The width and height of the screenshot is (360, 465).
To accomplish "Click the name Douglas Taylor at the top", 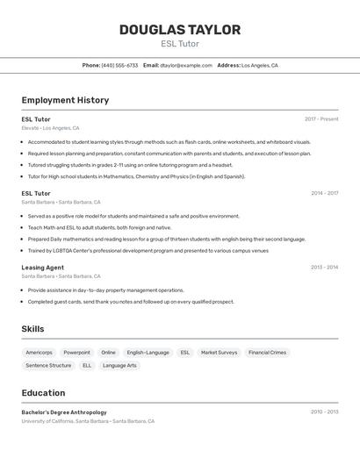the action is [179, 30].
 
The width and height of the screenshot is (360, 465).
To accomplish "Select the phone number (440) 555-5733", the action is [119, 65].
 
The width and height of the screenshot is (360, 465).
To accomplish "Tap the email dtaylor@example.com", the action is [186, 65].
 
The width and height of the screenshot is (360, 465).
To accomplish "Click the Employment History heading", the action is [65, 100].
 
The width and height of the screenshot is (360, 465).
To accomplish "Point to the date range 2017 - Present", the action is [321, 118].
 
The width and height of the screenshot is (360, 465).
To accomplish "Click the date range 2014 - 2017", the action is [324, 193].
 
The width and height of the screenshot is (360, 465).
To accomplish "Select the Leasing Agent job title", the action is [42, 268].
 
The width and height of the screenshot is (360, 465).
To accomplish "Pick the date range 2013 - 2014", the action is [324, 268].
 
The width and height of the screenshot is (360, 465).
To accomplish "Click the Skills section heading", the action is [32, 329].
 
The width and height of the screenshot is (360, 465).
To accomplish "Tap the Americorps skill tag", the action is [39, 353].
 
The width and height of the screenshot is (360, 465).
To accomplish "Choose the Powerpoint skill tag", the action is [76, 353].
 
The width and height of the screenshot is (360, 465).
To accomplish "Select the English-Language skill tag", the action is [148, 353].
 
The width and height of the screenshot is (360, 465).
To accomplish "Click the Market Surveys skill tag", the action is [219, 353].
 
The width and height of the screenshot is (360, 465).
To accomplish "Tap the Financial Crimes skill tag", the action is [267, 353].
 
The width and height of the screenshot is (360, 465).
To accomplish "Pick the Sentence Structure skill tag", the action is [48, 365].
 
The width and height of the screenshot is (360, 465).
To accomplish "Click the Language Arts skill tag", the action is [119, 365].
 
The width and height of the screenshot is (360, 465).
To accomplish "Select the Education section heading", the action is [43, 393].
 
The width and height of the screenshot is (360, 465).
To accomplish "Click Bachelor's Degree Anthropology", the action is [64, 412].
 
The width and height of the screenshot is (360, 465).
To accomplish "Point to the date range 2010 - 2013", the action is [324, 411].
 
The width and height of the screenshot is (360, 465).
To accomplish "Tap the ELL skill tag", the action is [87, 365].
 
